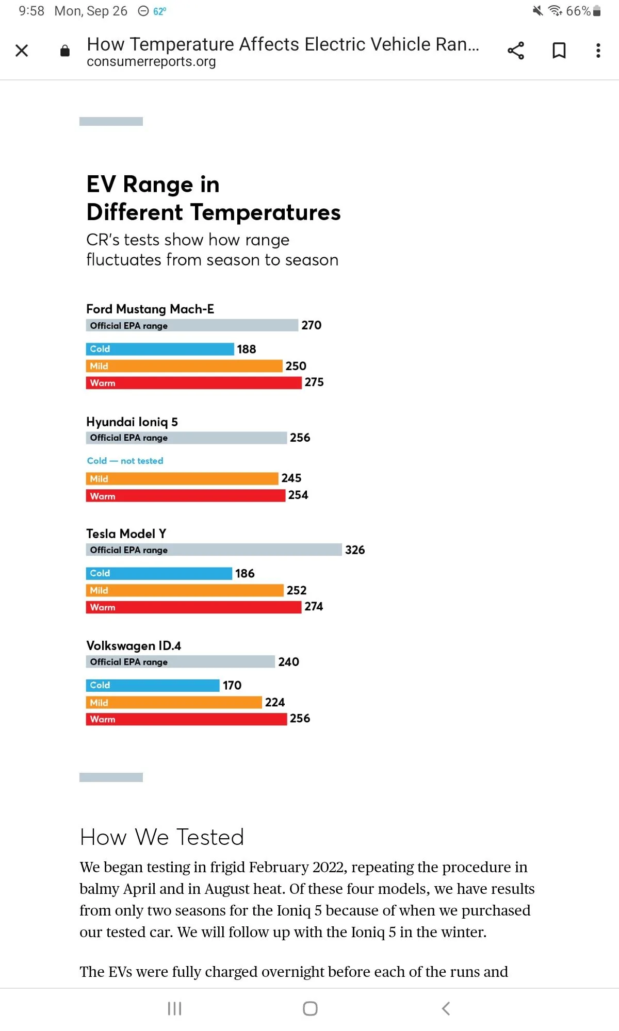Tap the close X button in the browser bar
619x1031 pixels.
click(22, 51)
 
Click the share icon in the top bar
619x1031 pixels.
click(516, 51)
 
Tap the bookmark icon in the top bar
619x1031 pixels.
click(559, 51)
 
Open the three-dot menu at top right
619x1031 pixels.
click(598, 51)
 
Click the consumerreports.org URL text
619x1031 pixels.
click(151, 62)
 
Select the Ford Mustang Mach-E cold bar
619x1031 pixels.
click(160, 349)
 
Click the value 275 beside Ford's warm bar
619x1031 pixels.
click(314, 383)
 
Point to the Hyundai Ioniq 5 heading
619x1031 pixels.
click(132, 422)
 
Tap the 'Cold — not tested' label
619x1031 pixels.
click(125, 461)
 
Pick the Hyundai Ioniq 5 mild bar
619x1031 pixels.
click(182, 479)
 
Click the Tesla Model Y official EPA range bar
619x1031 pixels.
click(214, 550)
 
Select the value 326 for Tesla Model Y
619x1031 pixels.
click(355, 550)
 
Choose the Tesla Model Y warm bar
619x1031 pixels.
click(193, 607)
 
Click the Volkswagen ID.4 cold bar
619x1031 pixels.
click(153, 685)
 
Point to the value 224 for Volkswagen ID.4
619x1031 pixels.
click(275, 702)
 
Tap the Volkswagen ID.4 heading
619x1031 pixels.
click(134, 646)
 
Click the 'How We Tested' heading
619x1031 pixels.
click(162, 837)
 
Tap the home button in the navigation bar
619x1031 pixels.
click(310, 1008)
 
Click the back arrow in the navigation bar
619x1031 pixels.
click(446, 1008)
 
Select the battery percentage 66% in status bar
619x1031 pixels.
click(578, 11)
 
